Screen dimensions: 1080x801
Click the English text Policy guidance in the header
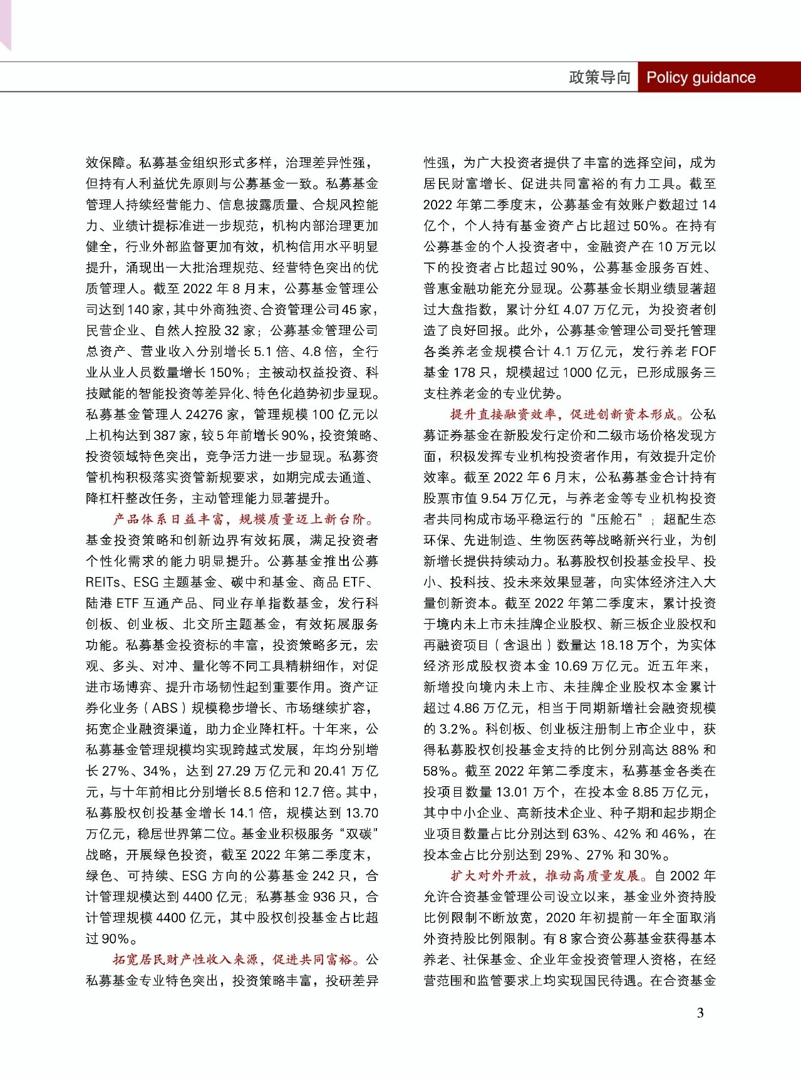700,78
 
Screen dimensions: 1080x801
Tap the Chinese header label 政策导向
599,78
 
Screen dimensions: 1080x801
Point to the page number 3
700,1012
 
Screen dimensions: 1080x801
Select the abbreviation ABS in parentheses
165,708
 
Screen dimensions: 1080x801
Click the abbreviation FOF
704,351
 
